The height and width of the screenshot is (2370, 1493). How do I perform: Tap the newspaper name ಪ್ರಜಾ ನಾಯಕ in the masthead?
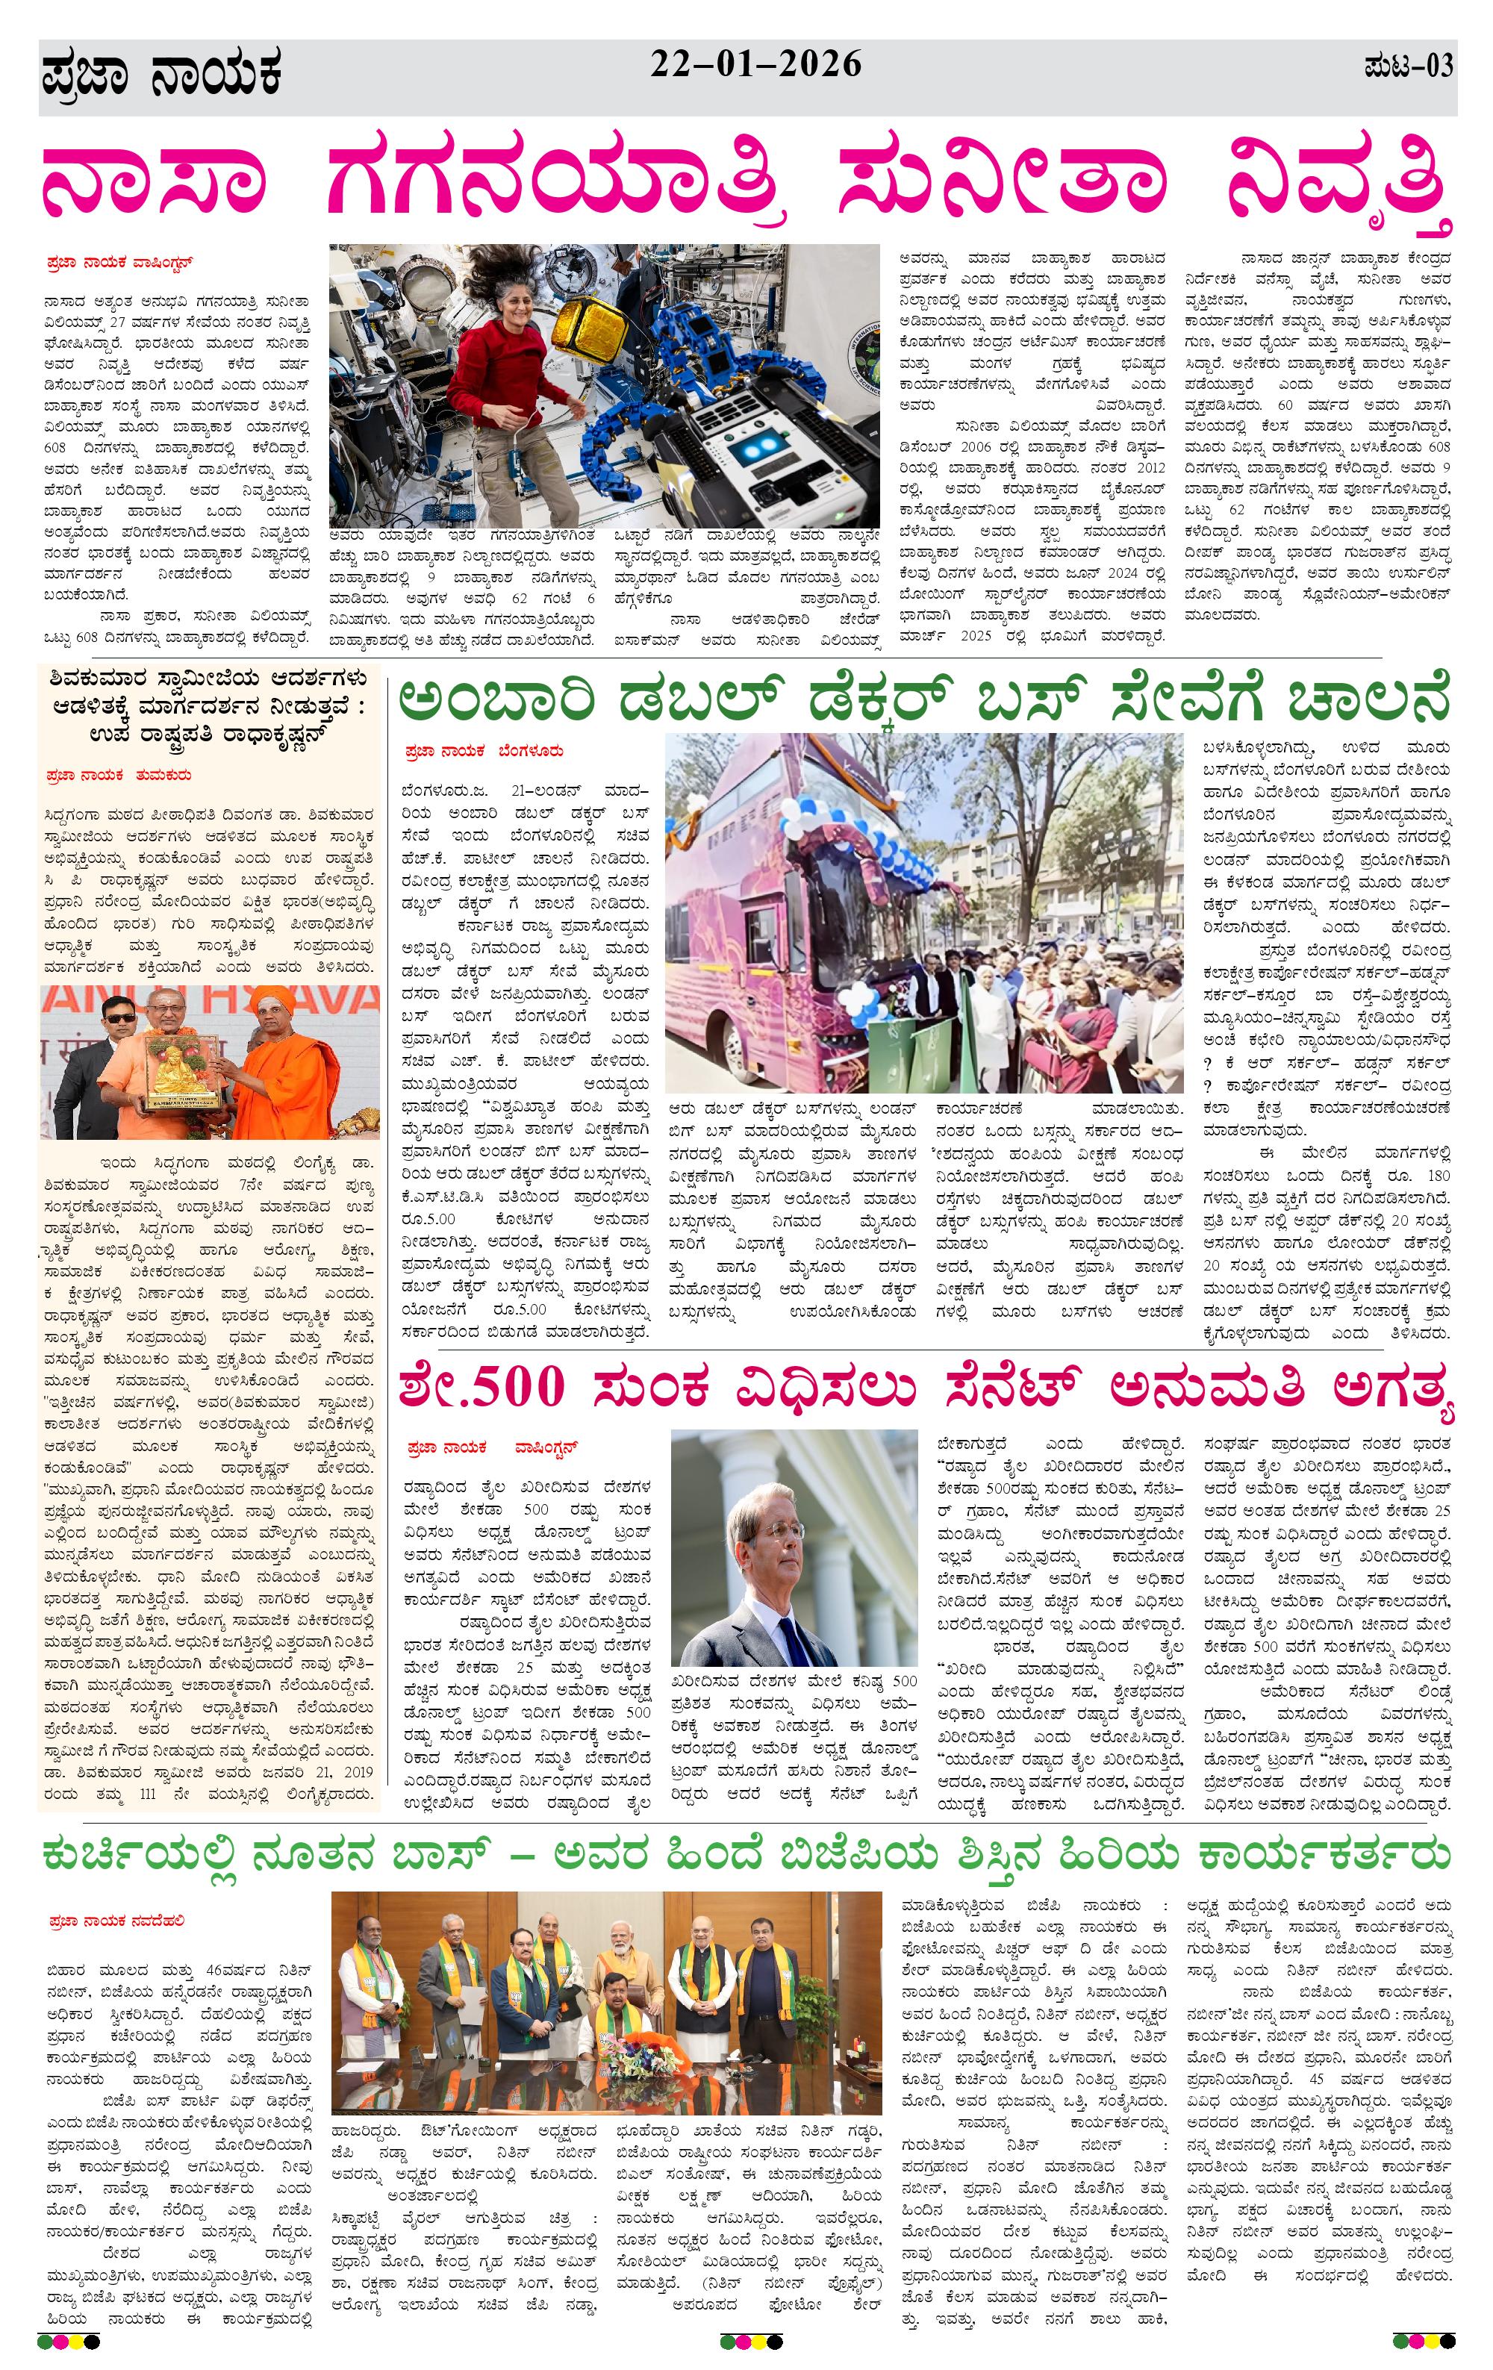pos(163,77)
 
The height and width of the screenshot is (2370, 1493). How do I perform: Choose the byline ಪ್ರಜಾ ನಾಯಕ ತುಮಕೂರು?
pos(118,776)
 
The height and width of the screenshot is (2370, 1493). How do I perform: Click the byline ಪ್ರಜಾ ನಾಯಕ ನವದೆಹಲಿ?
pos(115,1920)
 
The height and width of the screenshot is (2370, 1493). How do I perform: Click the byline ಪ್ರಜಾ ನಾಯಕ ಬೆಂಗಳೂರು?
pos(484,751)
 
